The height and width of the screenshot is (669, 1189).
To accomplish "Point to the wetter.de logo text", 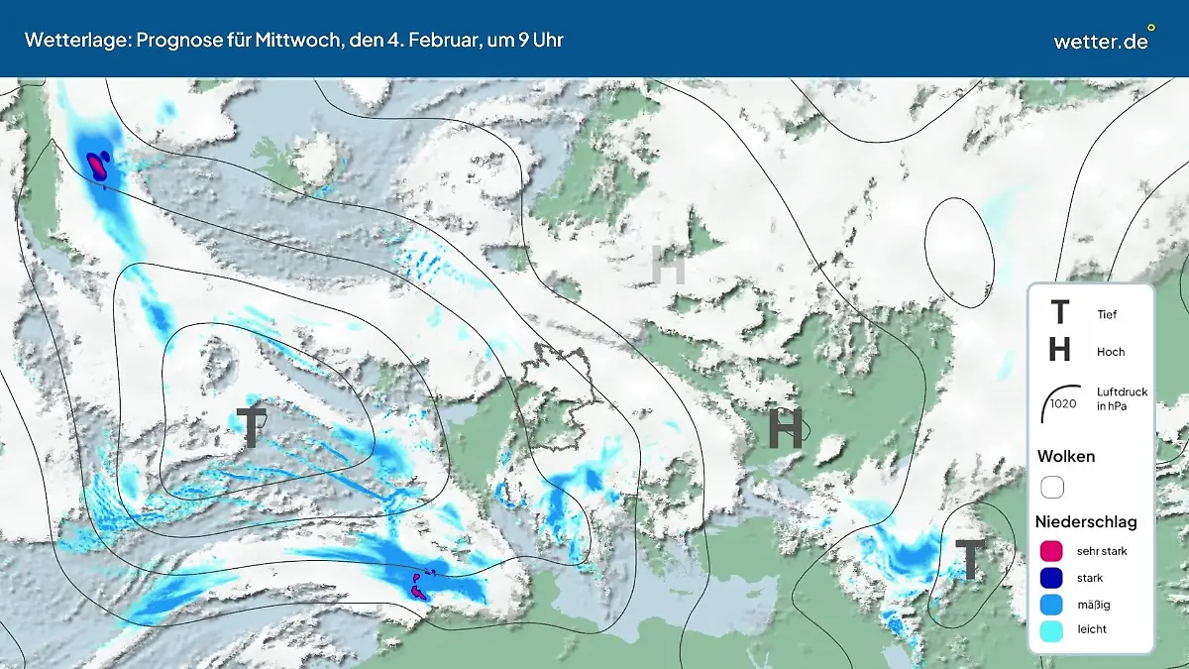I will [1101, 41].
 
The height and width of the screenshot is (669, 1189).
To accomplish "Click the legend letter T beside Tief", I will [1059, 313].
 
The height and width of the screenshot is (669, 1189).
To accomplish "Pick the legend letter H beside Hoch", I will [1059, 350].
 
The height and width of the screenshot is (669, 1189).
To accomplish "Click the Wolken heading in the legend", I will [1065, 456].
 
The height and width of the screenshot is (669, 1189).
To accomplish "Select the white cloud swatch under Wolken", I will [1052, 488].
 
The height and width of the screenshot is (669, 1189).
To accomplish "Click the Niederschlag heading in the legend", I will [1086, 521].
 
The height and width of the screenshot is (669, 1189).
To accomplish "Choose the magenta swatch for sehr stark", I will [1052, 551].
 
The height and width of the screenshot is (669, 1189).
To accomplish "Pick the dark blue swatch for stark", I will [1052, 577].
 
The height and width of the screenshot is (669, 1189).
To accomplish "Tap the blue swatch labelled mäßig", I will [1052, 603].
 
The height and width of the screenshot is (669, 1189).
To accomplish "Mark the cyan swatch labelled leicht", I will [1052, 628].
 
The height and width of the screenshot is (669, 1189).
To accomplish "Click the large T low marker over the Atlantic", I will [253, 427].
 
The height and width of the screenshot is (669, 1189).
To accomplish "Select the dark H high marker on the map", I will [785, 428].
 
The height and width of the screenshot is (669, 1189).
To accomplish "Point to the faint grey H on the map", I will [668, 267].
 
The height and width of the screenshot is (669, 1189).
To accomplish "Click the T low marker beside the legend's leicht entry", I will [970, 560].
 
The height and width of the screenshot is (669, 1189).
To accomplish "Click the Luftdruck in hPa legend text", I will [1122, 398].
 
